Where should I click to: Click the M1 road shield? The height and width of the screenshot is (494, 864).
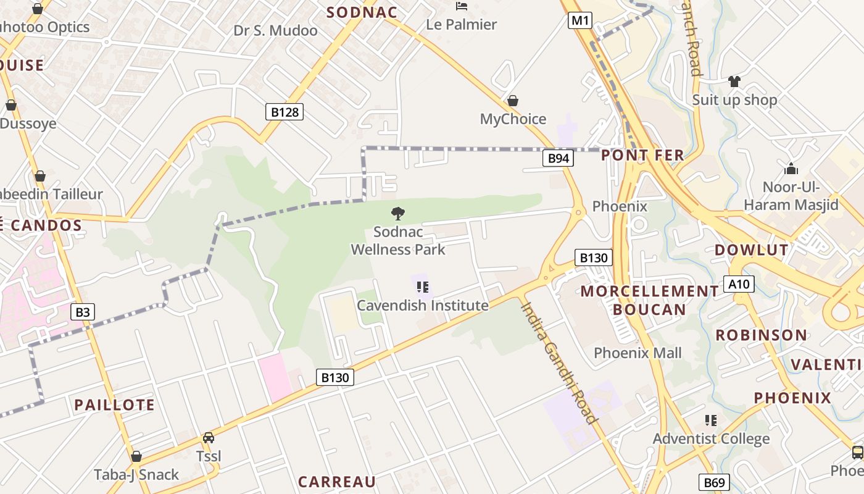point(580,20)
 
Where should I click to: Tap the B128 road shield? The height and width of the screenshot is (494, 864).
point(285,112)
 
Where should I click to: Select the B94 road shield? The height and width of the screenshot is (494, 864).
point(558,159)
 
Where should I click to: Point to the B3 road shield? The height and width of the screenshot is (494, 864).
point(83,312)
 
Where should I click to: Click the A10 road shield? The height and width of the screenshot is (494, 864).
point(738,284)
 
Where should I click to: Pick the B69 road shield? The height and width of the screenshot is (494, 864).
point(714,482)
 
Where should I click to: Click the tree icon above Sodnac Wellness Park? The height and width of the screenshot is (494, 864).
point(398,214)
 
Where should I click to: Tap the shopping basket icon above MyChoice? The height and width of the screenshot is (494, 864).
point(512,100)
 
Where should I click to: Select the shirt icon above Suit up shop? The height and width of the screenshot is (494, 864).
point(734,81)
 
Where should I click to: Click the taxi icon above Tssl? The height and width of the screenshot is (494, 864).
point(209,438)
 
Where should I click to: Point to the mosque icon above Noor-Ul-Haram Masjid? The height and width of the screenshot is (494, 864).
point(791,169)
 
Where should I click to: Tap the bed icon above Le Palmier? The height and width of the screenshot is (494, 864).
point(461,7)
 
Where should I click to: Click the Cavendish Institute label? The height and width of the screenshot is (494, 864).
point(423,306)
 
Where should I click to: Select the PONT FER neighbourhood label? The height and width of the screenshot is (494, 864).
point(642,155)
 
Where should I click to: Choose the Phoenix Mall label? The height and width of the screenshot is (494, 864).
point(638,353)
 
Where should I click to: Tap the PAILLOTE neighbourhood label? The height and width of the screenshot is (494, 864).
point(114,405)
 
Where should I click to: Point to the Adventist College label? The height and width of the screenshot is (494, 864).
point(711,439)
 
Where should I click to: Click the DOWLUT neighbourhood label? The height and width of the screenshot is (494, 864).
point(751,250)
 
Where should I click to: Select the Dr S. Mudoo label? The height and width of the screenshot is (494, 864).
point(275,30)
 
